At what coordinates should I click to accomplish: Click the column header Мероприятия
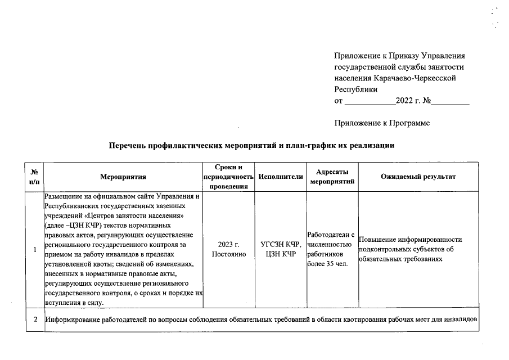pyautogui.click(x=123, y=177)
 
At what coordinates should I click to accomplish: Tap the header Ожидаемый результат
pyautogui.click(x=418, y=177)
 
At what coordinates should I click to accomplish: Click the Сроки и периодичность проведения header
pyautogui.click(x=228, y=177)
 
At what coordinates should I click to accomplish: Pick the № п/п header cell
pyautogui.click(x=34, y=177)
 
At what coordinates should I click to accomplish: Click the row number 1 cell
pyautogui.click(x=34, y=249)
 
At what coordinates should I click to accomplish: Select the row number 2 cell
pyautogui.click(x=34, y=320)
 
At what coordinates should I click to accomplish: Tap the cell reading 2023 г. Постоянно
pyautogui.click(x=228, y=249)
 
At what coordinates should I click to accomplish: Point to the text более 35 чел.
pyautogui.click(x=328, y=263)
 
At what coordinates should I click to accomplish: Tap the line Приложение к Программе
pyautogui.click(x=382, y=123)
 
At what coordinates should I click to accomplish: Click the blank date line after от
pyautogui.click(x=369, y=102)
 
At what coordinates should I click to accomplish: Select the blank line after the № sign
pyautogui.click(x=450, y=102)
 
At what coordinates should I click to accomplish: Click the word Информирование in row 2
pyautogui.click(x=75, y=320)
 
